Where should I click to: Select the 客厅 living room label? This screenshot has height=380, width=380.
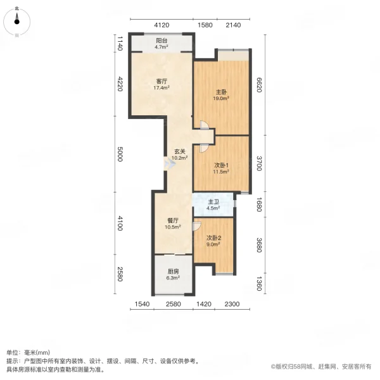click(161, 81)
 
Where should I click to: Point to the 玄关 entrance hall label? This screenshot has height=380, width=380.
click(180, 151)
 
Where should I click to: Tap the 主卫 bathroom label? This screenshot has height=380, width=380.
click(214, 202)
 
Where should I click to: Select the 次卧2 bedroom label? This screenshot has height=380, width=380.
click(212, 238)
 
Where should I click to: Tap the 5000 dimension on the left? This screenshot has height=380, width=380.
click(119, 154)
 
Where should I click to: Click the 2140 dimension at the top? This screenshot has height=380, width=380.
click(234, 25)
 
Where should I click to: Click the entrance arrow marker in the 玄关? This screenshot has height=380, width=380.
click(168, 164)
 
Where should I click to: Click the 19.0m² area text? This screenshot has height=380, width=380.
click(220, 98)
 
